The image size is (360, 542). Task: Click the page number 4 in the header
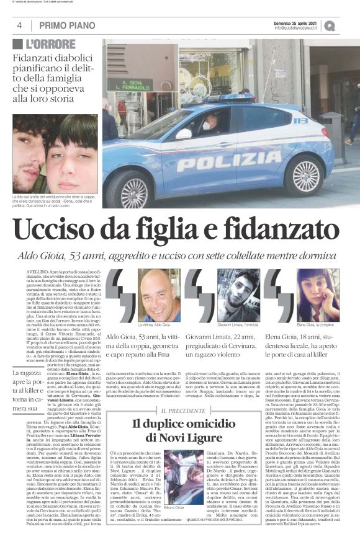[20, 25]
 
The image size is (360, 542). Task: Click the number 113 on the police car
[317, 120]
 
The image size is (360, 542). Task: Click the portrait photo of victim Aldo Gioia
[159, 295]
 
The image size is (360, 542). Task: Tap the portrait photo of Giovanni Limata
[238, 295]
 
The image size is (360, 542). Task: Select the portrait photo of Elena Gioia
[318, 295]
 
